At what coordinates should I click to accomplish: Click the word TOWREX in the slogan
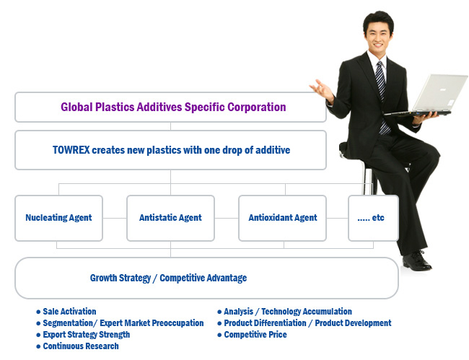pyautogui.click(x=71, y=150)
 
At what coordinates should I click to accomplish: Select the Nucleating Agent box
pyautogui.click(x=59, y=218)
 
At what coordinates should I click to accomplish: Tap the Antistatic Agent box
pyautogui.click(x=170, y=218)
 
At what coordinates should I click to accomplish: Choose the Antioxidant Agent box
pyautogui.click(x=282, y=218)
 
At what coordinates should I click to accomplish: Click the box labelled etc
pyautogui.click(x=374, y=218)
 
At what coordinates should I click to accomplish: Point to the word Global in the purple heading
pyautogui.click(x=76, y=107)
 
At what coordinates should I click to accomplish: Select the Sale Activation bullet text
pyautogui.click(x=69, y=311)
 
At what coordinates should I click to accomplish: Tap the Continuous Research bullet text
pyautogui.click(x=81, y=346)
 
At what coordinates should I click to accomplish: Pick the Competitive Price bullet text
pyautogui.click(x=255, y=334)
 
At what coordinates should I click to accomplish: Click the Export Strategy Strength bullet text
pyautogui.click(x=87, y=335)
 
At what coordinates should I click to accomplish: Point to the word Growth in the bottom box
pyautogui.click(x=103, y=278)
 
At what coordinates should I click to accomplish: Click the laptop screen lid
pyautogui.click(x=439, y=92)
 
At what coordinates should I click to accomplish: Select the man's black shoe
pyautogui.click(x=416, y=261)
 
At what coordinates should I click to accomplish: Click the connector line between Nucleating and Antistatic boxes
pyautogui.click(x=115, y=218)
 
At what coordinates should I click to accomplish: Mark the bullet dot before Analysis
pyautogui.click(x=219, y=312)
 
